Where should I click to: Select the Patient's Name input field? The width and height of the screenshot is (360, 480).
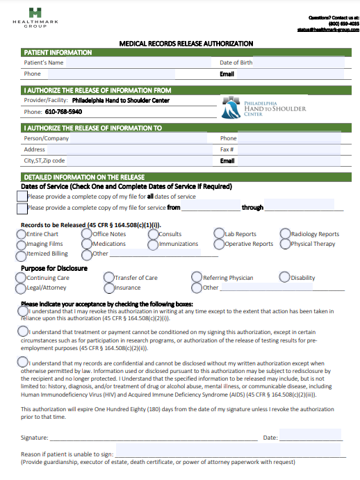[x=139, y=63]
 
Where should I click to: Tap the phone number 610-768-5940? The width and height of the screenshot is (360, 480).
[x=63, y=112]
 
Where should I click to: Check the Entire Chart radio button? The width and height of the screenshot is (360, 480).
[x=21, y=235]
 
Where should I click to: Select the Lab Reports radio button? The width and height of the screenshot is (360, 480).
[x=219, y=235]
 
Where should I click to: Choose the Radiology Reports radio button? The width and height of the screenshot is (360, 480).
[x=286, y=235]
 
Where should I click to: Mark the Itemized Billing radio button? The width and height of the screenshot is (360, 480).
[x=21, y=254]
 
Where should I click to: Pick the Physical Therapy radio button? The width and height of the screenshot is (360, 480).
[x=286, y=245]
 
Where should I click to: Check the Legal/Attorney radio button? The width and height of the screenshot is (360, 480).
[x=21, y=288]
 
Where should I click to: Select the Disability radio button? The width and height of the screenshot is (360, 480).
[x=284, y=278]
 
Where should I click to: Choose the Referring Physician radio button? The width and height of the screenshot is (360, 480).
[x=197, y=278]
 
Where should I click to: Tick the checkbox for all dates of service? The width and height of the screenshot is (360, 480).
[x=22, y=197]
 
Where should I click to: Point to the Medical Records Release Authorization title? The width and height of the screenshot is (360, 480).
[x=186, y=44]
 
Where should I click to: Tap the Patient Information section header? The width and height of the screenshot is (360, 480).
[x=57, y=53]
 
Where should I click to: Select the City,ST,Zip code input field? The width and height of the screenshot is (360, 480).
[x=139, y=160]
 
